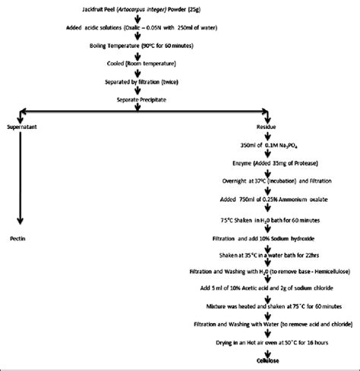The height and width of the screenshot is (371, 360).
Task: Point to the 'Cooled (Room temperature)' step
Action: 134,66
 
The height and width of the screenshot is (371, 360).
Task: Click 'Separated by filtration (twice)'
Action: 135,83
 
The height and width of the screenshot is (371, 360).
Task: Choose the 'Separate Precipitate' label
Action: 135,99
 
